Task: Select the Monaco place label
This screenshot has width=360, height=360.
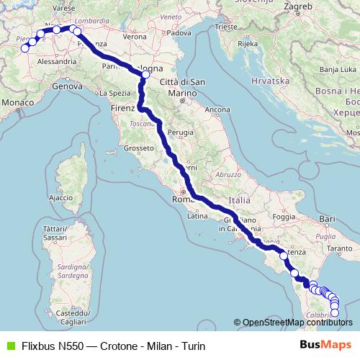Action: (18, 104)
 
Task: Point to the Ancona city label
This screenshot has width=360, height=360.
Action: (217, 110)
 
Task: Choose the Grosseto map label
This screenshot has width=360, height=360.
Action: (136, 148)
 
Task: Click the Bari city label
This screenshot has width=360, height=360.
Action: (328, 217)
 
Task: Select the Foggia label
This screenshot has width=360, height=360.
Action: (285, 216)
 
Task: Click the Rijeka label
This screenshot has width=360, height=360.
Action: (247, 44)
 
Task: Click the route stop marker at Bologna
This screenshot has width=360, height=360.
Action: (146, 74)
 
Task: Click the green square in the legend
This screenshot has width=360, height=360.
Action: (9, 346)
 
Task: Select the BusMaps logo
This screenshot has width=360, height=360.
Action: (326, 346)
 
